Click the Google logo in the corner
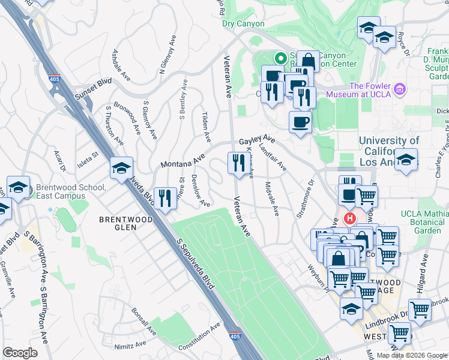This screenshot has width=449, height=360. point(20,353)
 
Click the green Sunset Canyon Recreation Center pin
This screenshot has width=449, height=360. point(280,59)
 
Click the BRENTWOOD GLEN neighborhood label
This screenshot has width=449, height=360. point(125,220)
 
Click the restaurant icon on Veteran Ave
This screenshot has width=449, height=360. point(238,162)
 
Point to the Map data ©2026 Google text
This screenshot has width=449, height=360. point(411,355)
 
